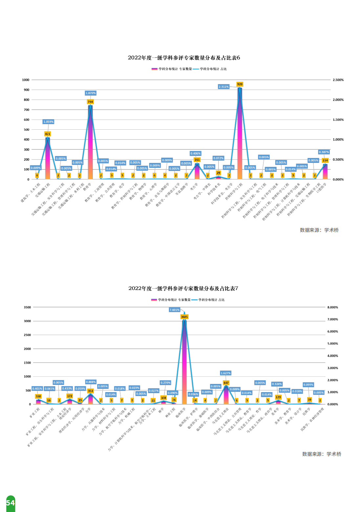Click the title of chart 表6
pyautogui.click(x=184, y=58)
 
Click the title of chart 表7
pyautogui.click(x=183, y=288)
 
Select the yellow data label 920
pyautogui.click(x=240, y=84)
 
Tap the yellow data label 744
pyautogui.click(x=90, y=102)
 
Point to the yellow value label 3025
pyautogui.click(x=184, y=317)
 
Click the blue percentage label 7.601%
pyautogui.click(x=174, y=310)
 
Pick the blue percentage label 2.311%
pyautogui.click(x=223, y=87)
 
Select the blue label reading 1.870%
pyautogui.click(x=91, y=93)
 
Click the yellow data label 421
pyautogui.click(x=48, y=134)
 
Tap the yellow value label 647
pyautogui.click(x=226, y=383)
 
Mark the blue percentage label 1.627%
pyautogui.click(x=225, y=373)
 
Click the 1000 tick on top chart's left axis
pyautogui.click(x=26, y=80)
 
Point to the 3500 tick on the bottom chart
pyautogui.click(x=27, y=307)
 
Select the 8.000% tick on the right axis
pyautogui.click(x=332, y=307)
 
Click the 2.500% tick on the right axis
pyautogui.click(x=338, y=80)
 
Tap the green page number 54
pyautogui.click(x=11, y=503)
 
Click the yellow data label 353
pyautogui.click(x=90, y=391)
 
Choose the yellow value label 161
pyautogui.click(x=197, y=160)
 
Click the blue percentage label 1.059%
pyautogui.click(x=48, y=122)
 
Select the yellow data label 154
pyautogui.click(x=325, y=161)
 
